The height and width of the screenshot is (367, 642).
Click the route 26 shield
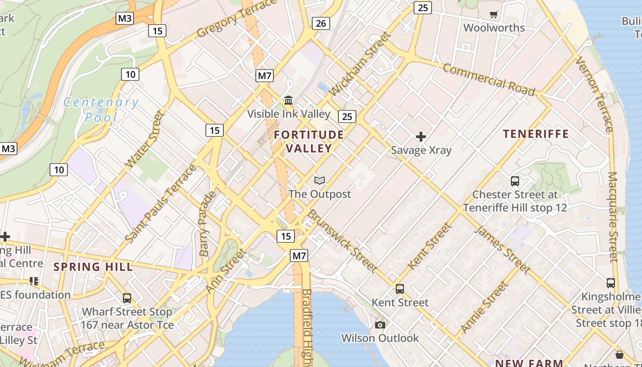321,23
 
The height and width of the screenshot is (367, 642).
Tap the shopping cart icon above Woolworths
494,15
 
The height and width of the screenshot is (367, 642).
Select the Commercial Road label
489,80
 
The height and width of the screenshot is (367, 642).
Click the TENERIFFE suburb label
536,134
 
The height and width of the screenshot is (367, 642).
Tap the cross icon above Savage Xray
421,137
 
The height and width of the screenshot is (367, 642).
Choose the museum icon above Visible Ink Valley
289,100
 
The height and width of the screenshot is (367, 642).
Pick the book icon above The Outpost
320,180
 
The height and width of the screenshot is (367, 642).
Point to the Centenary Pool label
100,110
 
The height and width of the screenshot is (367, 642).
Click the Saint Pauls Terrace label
160,203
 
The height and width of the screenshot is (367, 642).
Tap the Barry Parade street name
207,223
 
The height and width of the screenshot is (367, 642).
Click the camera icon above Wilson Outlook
380,325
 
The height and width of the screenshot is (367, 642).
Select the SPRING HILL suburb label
93,267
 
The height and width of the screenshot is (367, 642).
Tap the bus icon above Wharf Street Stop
127,298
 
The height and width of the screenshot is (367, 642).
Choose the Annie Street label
484,306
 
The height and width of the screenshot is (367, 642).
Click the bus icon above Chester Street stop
515,181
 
